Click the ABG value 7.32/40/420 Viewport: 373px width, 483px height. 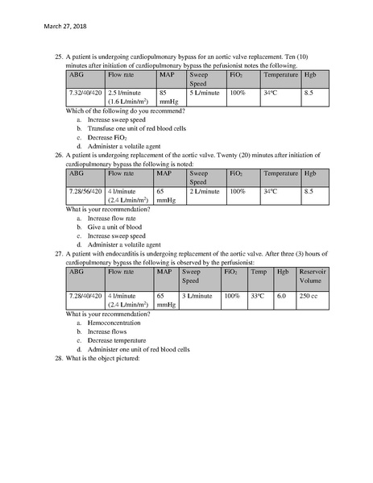[85, 94]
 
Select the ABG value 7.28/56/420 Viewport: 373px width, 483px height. [85, 191]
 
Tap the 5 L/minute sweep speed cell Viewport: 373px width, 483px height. [205, 94]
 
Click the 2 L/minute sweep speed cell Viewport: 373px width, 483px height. [205, 191]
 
